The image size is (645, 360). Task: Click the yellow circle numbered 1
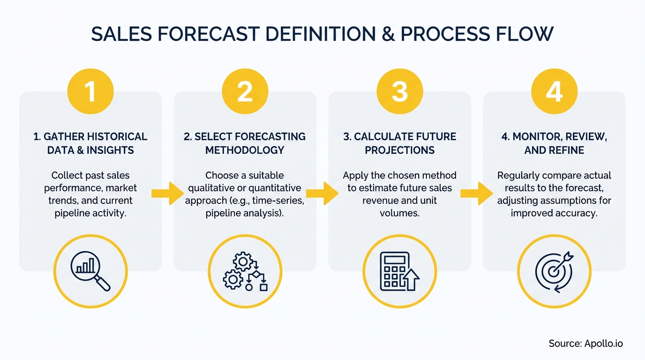90,91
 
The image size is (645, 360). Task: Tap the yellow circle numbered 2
245,91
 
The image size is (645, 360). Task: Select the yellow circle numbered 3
400,91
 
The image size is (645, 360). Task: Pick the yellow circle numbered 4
555,91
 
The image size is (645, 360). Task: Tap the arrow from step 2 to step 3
322,193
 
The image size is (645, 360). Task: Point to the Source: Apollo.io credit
585,344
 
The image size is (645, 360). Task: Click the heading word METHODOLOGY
245,150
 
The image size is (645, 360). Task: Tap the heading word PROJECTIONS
400,150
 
